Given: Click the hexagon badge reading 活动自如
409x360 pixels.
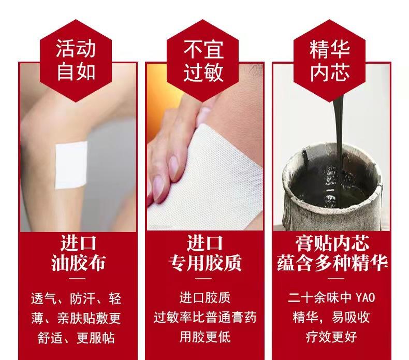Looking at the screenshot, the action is tap(76, 61).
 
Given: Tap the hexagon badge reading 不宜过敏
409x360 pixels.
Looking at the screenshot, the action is tap(203, 61).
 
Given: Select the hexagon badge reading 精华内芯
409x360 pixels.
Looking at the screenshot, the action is tap(330, 61).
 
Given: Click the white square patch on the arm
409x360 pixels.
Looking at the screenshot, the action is tap(71, 165).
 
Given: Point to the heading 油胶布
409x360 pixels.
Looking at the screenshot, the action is tap(78, 263).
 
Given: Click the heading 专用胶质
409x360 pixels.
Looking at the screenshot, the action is tap(205, 263).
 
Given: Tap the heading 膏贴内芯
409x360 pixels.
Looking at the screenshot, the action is tap(332, 243).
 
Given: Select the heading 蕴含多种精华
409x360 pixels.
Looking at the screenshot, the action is tap(332, 263).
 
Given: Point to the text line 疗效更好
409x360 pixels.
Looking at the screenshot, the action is tap(331, 337).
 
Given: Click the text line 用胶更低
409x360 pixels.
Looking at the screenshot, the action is tap(205, 337).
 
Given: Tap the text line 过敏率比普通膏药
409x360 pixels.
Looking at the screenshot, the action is tap(205, 318).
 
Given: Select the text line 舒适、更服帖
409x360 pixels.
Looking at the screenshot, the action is tap(76, 338).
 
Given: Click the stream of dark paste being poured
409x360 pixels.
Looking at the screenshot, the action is tap(339, 125).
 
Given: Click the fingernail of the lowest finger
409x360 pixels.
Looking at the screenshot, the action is tap(158, 188).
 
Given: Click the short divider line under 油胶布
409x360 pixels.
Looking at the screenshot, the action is tap(78, 278).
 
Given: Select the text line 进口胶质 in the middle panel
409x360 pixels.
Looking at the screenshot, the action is tap(205, 298).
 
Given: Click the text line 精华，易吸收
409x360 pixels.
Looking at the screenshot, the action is tap(331, 318).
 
